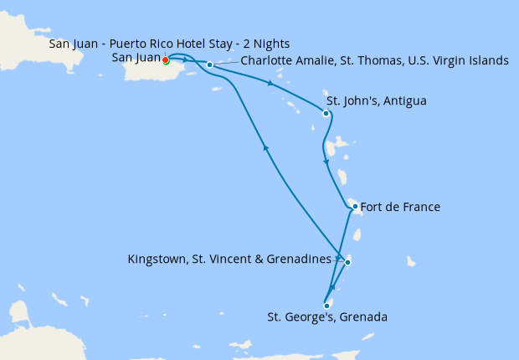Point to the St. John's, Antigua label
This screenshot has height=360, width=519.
376,101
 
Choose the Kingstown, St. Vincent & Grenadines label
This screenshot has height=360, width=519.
229,260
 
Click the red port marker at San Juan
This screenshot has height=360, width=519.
165,59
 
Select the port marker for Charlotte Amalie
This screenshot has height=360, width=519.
209,64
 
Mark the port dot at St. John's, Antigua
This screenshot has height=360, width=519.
326,114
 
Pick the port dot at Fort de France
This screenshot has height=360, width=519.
355,206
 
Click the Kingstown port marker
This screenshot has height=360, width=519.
347,262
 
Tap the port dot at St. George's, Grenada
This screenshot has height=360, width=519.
326,306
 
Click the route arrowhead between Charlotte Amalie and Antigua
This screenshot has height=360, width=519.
269,83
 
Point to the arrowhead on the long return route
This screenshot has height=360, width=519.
267,148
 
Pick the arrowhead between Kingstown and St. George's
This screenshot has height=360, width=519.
333,288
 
